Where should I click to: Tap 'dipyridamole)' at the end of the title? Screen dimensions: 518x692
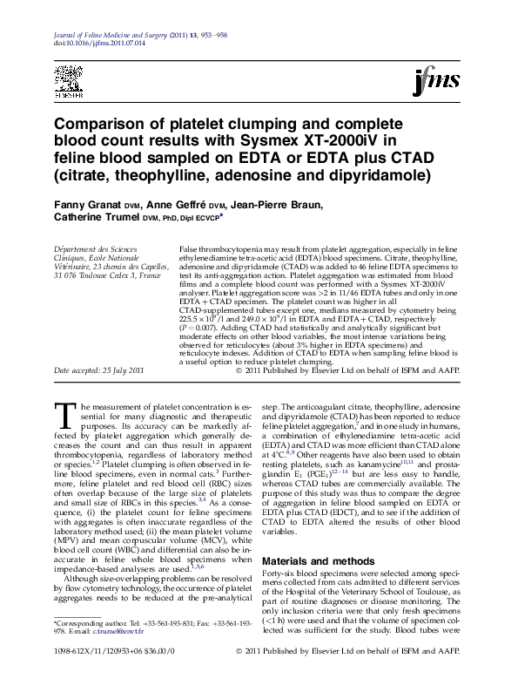(382, 176)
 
